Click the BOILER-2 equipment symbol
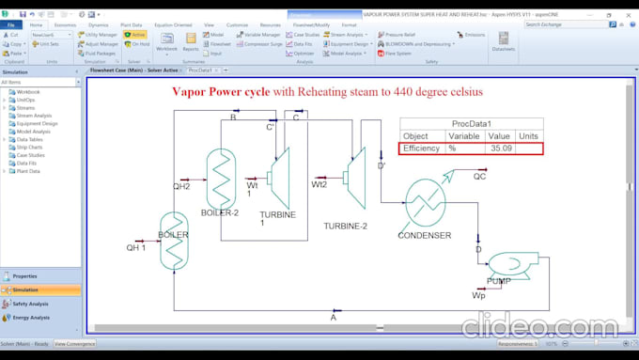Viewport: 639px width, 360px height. coord(224,173)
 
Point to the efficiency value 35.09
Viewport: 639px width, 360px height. coord(500,149)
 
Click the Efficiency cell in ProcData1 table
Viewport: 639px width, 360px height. coord(421,149)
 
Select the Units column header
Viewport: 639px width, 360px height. coord(528,136)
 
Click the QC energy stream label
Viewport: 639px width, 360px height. coord(479,176)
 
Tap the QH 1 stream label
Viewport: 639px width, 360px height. coord(137,249)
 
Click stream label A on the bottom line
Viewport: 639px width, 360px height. coord(333,318)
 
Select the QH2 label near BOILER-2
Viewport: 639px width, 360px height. coord(181,187)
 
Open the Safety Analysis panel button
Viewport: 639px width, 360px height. coord(31,304)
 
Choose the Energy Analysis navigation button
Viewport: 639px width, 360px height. coord(31,318)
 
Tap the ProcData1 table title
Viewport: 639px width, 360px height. coord(471,123)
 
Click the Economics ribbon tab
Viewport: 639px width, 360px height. coord(65,25)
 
